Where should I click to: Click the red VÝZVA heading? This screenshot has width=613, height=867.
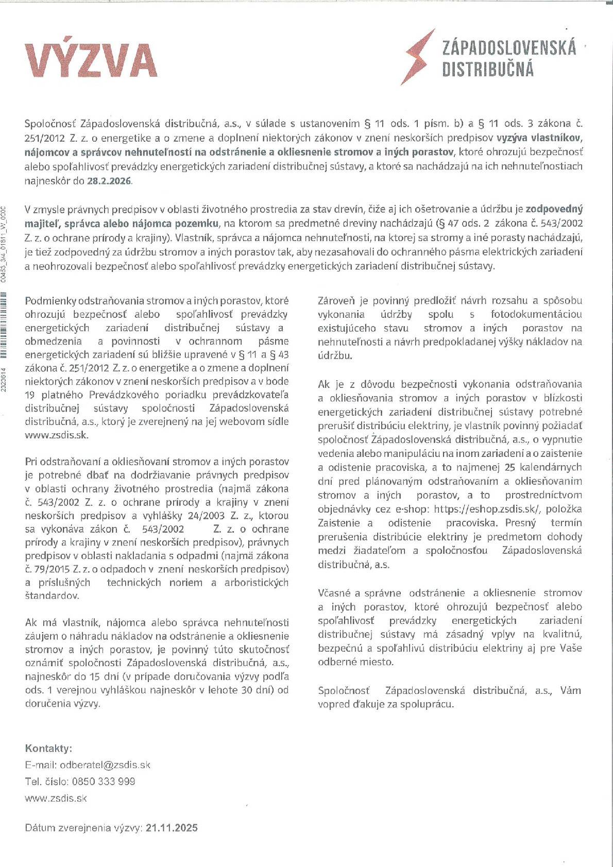coord(91,61)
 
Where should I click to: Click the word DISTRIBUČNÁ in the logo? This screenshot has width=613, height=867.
coord(487,70)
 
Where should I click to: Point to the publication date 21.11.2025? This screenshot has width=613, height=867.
coord(172,828)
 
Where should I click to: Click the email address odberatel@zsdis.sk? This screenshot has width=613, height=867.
coord(105,764)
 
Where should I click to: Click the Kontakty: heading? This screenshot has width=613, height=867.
coord(48,748)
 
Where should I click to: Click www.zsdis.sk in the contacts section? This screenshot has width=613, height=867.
coord(56,798)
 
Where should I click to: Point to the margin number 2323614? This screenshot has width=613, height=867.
coord(4,380)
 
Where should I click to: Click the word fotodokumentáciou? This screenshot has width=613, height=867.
coord(536,314)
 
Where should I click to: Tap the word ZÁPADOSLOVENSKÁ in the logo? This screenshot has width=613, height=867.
coord(509,48)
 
